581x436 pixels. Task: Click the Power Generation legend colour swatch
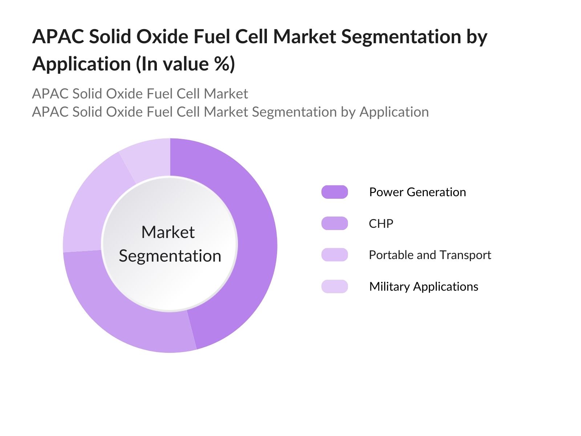click(x=334, y=192)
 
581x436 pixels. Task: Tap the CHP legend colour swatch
click(x=334, y=223)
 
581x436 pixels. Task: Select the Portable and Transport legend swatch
click(x=334, y=255)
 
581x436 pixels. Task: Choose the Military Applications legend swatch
click(x=334, y=286)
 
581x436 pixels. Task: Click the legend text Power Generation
click(x=417, y=192)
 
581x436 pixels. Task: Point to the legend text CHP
click(x=381, y=223)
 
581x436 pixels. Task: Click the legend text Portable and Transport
click(x=430, y=255)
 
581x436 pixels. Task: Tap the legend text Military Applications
click(x=423, y=286)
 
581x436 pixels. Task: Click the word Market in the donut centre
click(x=168, y=232)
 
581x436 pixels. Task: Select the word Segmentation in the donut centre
click(x=170, y=256)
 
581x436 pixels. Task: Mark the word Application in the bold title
click(x=81, y=64)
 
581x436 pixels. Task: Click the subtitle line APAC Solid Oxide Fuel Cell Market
click(x=140, y=94)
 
